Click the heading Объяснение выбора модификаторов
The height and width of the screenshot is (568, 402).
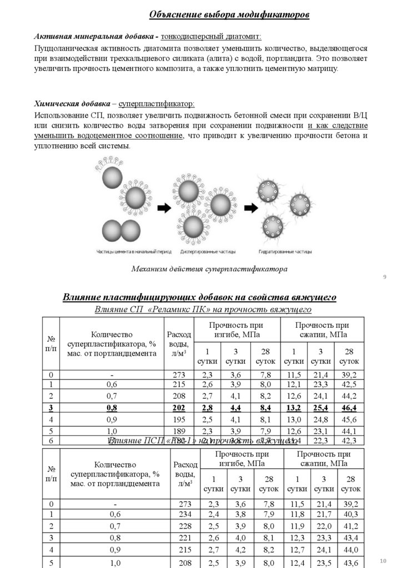click(x=230, y=14)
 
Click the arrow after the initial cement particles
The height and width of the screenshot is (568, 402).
click(x=165, y=209)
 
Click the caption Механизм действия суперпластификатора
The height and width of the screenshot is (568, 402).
click(x=209, y=270)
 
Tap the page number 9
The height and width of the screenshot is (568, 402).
click(x=384, y=277)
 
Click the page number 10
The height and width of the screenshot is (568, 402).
click(x=383, y=556)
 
